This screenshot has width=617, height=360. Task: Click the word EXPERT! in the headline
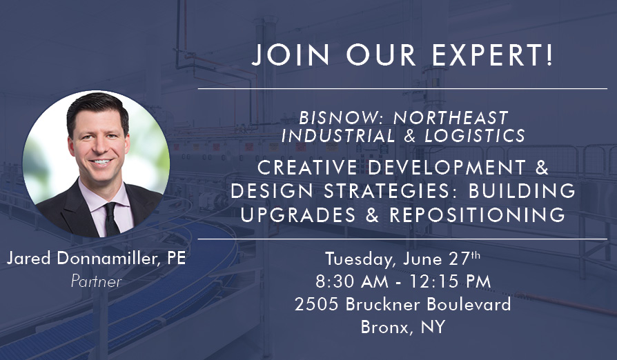(x=493, y=54)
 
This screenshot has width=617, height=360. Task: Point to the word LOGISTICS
(x=475, y=136)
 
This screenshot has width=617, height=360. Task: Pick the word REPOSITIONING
(x=478, y=214)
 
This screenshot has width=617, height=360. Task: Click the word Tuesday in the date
(x=360, y=259)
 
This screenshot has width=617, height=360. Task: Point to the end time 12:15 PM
(x=450, y=281)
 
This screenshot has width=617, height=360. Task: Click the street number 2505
(x=316, y=304)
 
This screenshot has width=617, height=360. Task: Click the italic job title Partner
(x=97, y=281)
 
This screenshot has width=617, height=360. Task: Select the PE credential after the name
(x=176, y=258)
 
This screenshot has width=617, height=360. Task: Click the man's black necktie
(x=111, y=219)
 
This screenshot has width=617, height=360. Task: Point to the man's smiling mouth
(x=101, y=162)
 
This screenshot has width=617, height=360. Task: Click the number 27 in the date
(x=460, y=259)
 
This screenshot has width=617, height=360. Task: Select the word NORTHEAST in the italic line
(x=451, y=117)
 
